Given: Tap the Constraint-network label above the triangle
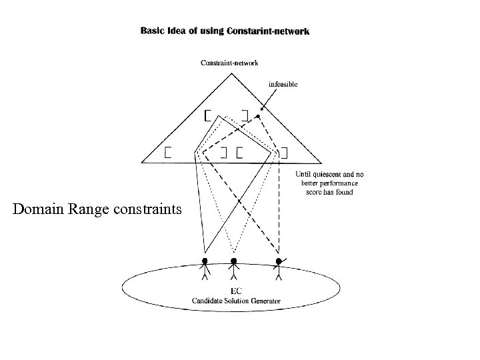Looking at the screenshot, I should click(230, 63).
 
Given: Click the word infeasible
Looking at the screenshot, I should click(283, 84).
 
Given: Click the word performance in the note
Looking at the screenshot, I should click(337, 183).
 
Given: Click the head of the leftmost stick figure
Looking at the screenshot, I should click(205, 261).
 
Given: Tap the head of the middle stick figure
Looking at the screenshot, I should click(233, 261).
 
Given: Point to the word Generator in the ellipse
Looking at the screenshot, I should click(264, 301).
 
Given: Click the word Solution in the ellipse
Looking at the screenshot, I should click(236, 301).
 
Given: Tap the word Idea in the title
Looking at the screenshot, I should click(178, 31).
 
